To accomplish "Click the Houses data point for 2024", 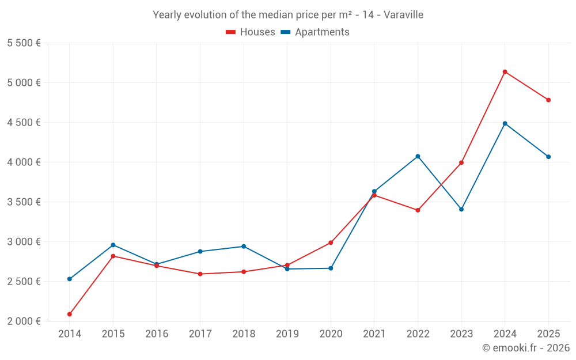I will pyautogui.click(x=505, y=72).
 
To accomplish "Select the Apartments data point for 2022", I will pyautogui.click(x=418, y=156).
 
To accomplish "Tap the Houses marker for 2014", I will pyautogui.click(x=70, y=314).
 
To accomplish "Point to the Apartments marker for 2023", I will pyautogui.click(x=461, y=209).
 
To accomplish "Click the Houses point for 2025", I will pyautogui.click(x=548, y=100).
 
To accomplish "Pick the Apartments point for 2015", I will pyautogui.click(x=113, y=245).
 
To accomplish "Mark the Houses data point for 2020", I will pyautogui.click(x=331, y=242).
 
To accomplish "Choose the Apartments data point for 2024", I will pyautogui.click(x=505, y=123).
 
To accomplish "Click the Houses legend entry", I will pyautogui.click(x=251, y=32).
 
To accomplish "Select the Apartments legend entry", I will pyautogui.click(x=315, y=32).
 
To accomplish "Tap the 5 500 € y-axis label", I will pyautogui.click(x=24, y=43).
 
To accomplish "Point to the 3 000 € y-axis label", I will pyautogui.click(x=24, y=241).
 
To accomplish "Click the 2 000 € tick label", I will pyautogui.click(x=24, y=321).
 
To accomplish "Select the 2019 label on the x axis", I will pyautogui.click(x=287, y=334).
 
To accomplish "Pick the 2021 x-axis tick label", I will pyautogui.click(x=374, y=334).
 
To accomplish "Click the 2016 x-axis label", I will pyautogui.click(x=157, y=334).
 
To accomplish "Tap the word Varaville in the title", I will pyautogui.click(x=403, y=15).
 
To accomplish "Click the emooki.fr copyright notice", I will pyautogui.click(x=525, y=348).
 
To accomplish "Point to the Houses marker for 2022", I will pyautogui.click(x=418, y=210).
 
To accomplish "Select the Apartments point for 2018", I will pyautogui.click(x=244, y=247).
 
